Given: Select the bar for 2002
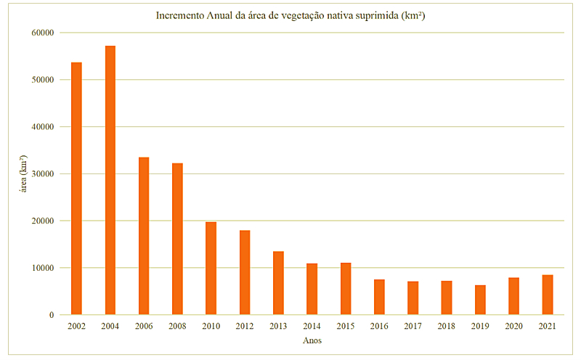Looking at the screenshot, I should coord(76,189).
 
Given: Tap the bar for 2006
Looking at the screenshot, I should coord(144,236).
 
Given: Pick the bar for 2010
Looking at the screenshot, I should coord(211,268).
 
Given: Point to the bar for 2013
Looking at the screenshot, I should coord(278,283).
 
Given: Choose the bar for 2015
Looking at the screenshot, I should coord(346,288).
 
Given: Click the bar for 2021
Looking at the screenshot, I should coord(548,295).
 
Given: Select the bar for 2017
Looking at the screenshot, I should coord(413,298).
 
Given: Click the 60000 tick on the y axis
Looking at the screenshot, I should coord(43,33).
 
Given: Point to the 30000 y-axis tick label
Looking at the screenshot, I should coord(43,174).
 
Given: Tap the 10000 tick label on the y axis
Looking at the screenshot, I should coord(43,268).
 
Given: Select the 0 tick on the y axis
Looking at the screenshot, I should coord(52,315).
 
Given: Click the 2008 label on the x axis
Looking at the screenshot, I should coord(177,327).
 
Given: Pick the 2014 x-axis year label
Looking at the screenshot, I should coord(312,327).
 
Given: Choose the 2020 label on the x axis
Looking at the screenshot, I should coord(513,327).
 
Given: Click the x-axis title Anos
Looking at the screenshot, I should coord(312,340).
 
